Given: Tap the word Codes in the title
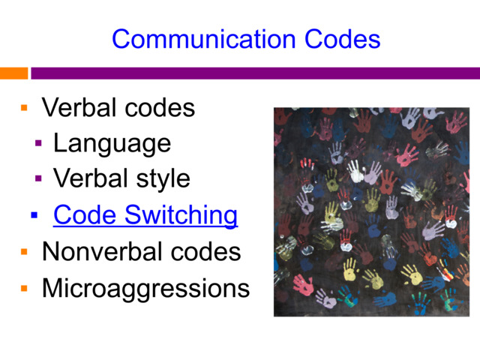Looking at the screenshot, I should [x=341, y=38].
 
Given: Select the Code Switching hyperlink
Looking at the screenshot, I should [x=145, y=215].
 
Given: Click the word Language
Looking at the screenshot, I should [x=112, y=142].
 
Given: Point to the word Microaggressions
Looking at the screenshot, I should [x=145, y=287].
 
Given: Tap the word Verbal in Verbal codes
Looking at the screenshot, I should [x=79, y=108].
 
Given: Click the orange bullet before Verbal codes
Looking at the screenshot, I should [x=24, y=109].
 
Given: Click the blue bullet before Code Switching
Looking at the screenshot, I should [x=34, y=216].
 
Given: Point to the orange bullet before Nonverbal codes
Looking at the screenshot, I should [x=24, y=252].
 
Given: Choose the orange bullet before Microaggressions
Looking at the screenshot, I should [x=24, y=288].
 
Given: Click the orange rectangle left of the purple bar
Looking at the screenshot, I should [x=13, y=73].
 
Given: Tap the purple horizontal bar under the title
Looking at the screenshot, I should [x=255, y=73].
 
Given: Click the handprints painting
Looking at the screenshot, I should [x=371, y=211].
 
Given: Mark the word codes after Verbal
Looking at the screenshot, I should [x=160, y=108].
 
